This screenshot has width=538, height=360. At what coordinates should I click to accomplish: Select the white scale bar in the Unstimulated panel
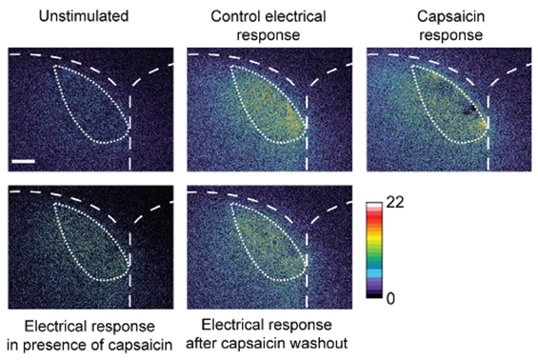pyautogui.click(x=25, y=161)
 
